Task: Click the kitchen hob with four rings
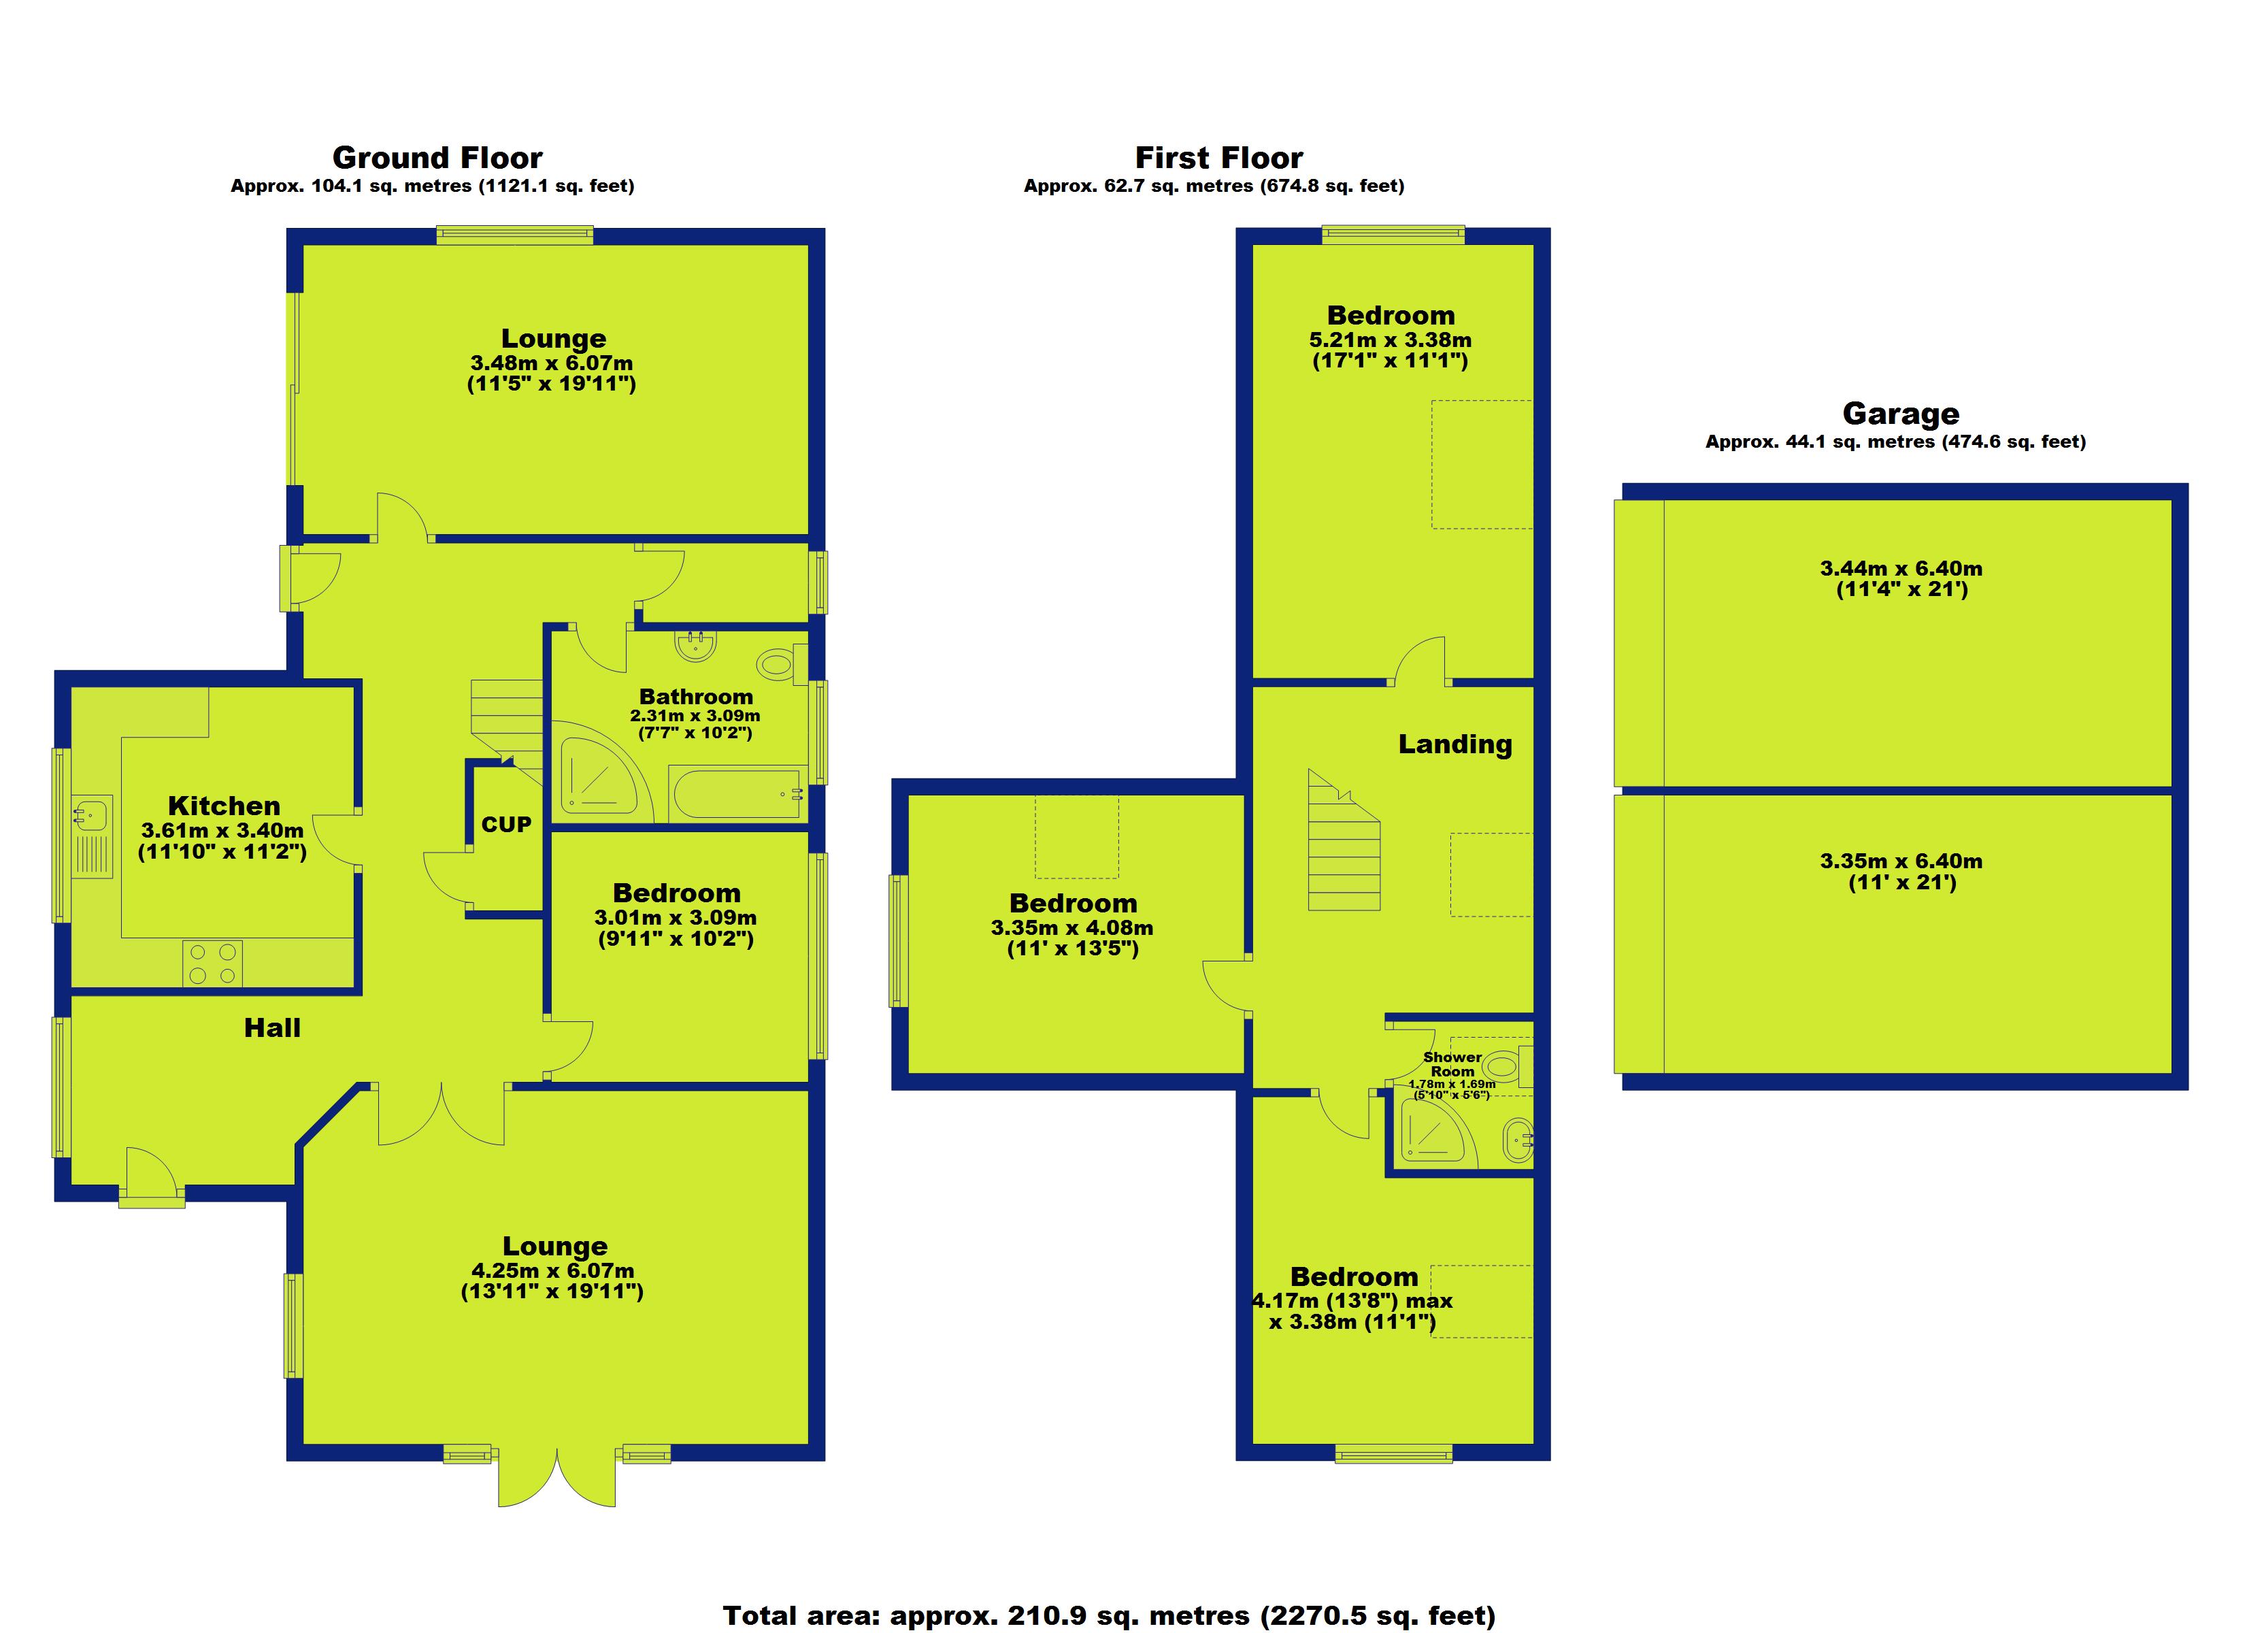pos(212,963)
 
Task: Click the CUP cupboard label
pos(506,824)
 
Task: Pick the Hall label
pos(272,1028)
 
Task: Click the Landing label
pos(1454,744)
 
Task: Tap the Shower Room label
pos(1452,1063)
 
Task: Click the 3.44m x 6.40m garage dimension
pos(1901,568)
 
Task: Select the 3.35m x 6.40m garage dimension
pos(1901,861)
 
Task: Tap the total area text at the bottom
pos(1109,1615)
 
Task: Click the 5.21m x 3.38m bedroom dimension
pos(1390,340)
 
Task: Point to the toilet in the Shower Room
pos(1505,1066)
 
